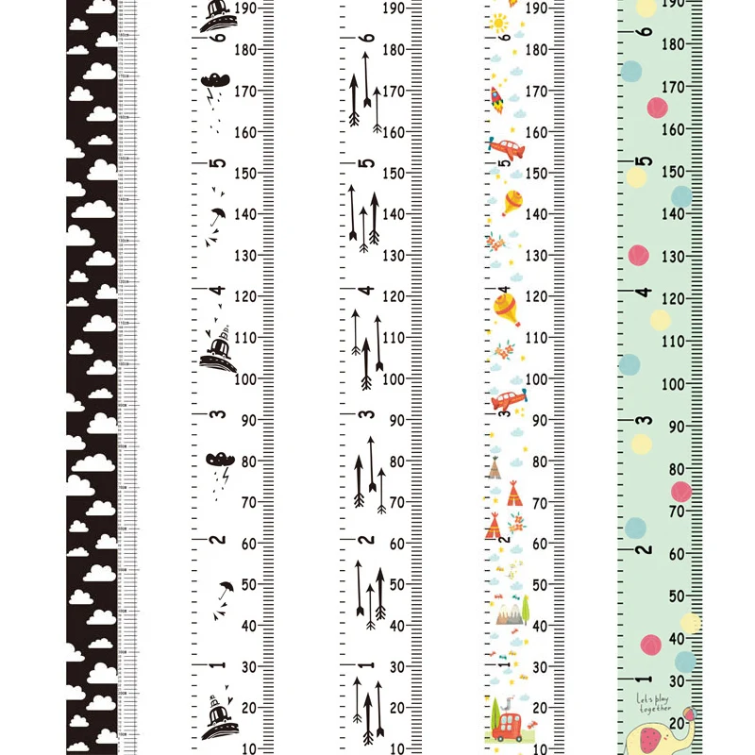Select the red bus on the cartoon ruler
(x=507, y=726)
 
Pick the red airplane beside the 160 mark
(x=506, y=148)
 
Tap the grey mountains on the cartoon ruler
(x=507, y=615)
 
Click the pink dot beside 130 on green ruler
(x=639, y=255)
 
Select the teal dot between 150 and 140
(x=681, y=196)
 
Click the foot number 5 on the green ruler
(x=643, y=161)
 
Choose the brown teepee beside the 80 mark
(x=494, y=468)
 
